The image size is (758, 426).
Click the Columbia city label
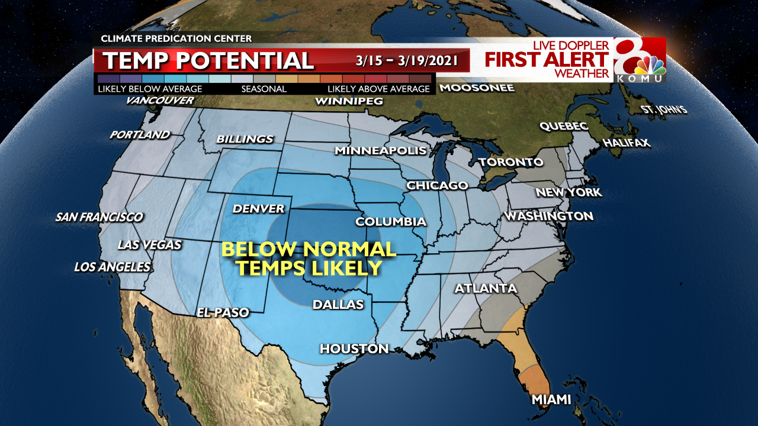tap(390, 222)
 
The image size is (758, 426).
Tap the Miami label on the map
tap(551, 399)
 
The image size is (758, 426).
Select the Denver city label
tap(258, 209)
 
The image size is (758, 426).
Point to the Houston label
tap(354, 348)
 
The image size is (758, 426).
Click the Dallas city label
tap(338, 305)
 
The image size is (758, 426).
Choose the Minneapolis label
tap(380, 151)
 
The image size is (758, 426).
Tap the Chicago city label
tap(437, 186)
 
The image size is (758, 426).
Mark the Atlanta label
tap(486, 289)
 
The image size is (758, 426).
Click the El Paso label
tap(223, 312)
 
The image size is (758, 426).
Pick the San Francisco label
tap(99, 217)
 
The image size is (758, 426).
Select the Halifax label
tap(627, 143)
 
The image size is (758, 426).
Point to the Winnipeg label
tap(349, 101)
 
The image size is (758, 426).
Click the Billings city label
tap(245, 139)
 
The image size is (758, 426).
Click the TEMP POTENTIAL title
tap(208, 60)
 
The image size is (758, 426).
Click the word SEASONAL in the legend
tap(264, 89)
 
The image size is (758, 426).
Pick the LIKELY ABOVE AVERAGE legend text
tap(378, 89)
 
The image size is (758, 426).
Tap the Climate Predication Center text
tap(176, 38)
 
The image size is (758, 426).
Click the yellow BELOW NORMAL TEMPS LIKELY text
tap(308, 259)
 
